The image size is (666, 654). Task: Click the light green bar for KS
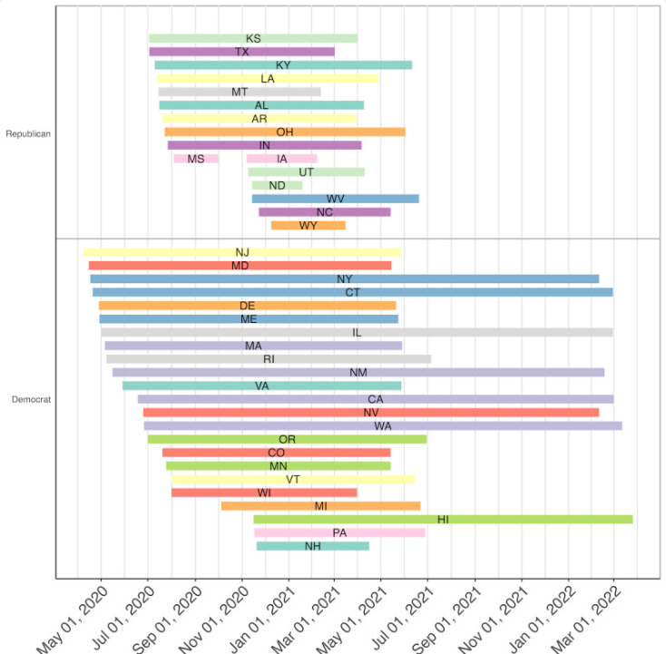point(253,39)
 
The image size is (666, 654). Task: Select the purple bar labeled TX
point(241,52)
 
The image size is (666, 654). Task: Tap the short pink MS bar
point(196,159)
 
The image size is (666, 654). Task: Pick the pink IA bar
point(282,159)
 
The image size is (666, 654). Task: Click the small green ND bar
point(278,186)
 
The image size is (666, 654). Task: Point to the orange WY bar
point(309,226)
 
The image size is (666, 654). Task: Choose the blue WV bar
point(336,199)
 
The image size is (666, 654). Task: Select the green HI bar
point(443,520)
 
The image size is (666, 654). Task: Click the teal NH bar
point(313,546)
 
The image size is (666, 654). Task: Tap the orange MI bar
point(320,506)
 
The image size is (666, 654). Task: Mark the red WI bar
point(264,493)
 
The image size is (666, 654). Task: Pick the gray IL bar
point(357,333)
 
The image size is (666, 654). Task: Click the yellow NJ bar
point(242,252)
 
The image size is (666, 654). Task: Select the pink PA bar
point(339,533)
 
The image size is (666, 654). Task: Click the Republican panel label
point(28,133)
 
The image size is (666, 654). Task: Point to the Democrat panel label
point(31,400)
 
